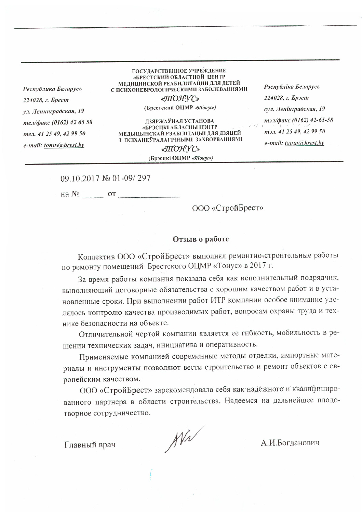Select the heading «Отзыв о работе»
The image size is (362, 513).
[201, 239]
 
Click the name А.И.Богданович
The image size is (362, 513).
[290, 443]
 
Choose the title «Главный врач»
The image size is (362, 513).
[90, 445]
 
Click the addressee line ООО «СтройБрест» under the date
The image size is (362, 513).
[228, 208]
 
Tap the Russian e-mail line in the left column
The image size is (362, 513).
[54, 145]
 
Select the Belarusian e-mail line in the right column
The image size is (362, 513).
[294, 143]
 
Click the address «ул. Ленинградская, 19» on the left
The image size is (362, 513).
[54, 111]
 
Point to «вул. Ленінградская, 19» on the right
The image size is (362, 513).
[294, 109]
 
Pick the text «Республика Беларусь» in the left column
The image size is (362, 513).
[52, 89]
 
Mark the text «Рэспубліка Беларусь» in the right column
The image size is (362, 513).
[292, 87]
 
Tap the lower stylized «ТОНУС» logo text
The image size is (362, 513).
[180, 149]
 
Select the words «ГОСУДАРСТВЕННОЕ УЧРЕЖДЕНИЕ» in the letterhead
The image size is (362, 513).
[179, 71]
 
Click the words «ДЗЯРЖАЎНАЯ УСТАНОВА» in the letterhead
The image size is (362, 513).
[180, 121]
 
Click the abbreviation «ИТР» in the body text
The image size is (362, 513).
[218, 301]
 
